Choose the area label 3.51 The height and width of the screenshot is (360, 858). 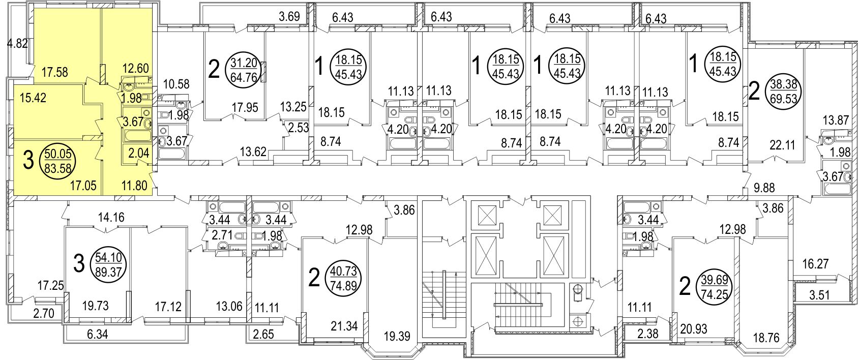(818, 294)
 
